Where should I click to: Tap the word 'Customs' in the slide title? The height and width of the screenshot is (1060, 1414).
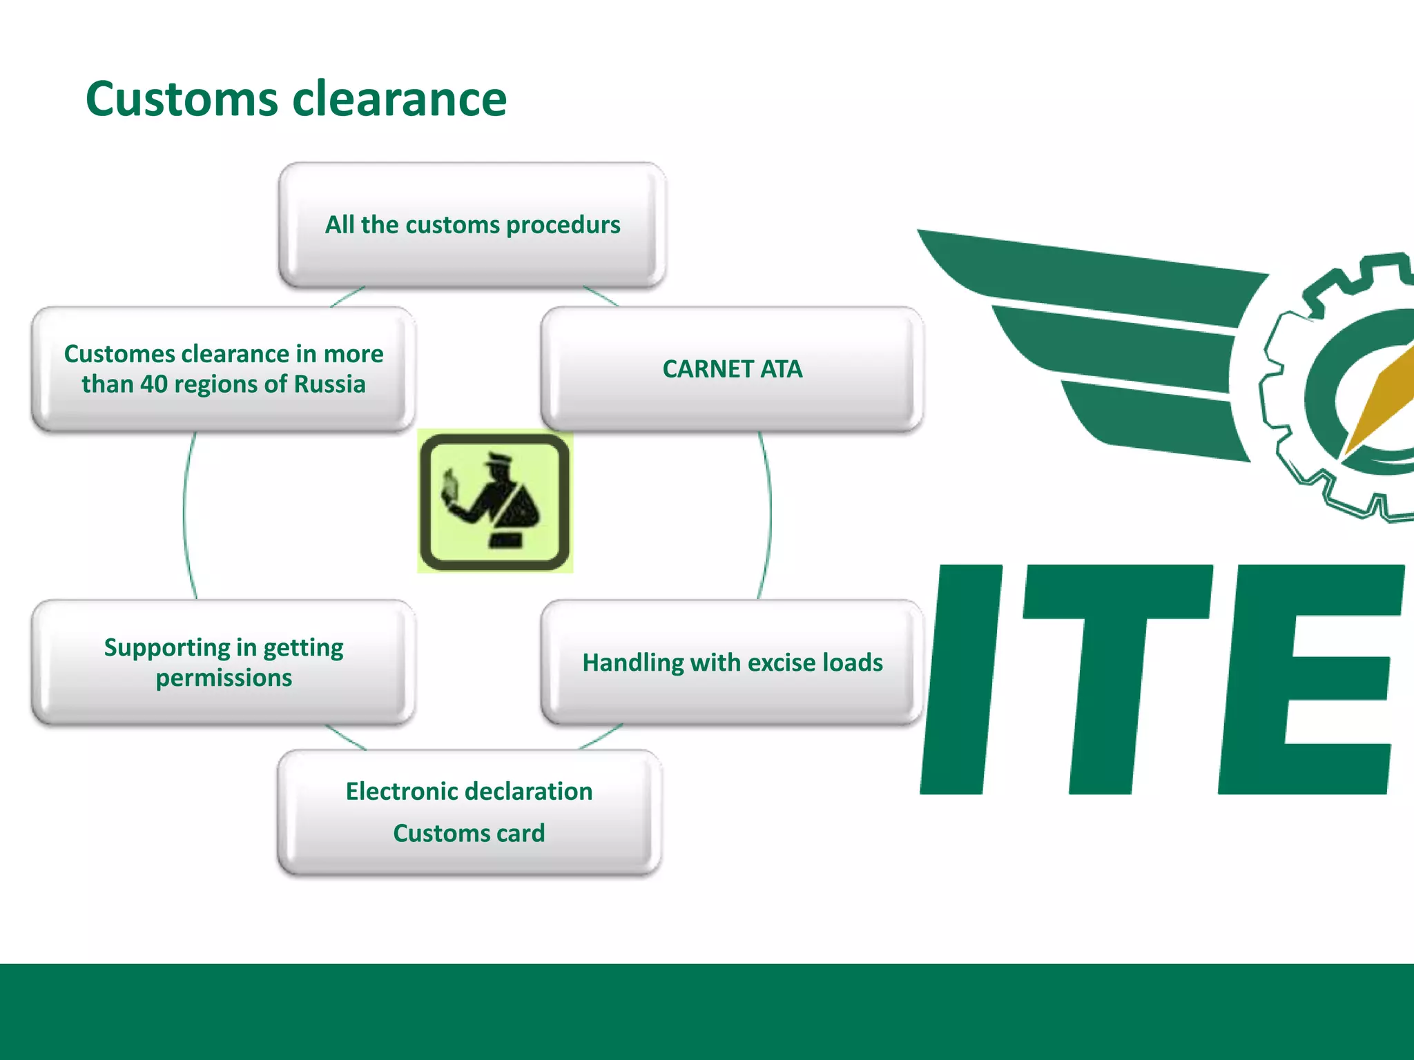click(x=182, y=99)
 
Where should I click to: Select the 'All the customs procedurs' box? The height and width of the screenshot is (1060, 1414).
click(x=472, y=225)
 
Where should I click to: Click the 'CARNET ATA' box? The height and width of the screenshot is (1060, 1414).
click(x=733, y=369)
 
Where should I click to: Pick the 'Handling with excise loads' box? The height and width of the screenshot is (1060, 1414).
click(x=733, y=662)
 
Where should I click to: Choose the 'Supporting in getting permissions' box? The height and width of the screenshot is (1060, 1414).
click(x=223, y=662)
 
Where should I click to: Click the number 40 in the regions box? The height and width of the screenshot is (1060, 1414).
click(x=153, y=384)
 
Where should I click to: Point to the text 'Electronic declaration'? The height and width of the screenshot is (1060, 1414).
click(x=469, y=792)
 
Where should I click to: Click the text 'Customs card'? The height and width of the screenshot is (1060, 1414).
click(x=469, y=834)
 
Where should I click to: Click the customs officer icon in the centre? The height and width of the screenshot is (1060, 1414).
click(x=495, y=502)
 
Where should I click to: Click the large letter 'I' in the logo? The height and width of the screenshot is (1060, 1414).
click(x=961, y=680)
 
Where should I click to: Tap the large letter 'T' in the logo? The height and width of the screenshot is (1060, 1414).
click(x=1112, y=680)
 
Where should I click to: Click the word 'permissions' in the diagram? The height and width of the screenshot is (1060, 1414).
click(x=223, y=678)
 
